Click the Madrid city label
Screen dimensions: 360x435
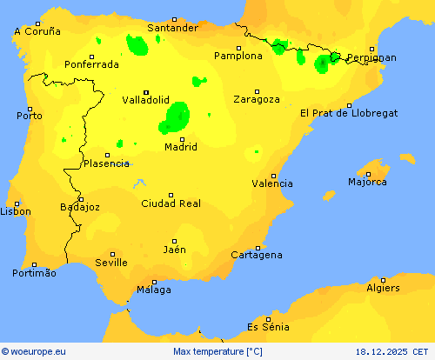click(x=182, y=147)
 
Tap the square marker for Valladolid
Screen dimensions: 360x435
click(x=146, y=91)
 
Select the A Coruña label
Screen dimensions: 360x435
click(x=37, y=31)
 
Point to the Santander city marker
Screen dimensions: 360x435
click(x=173, y=19)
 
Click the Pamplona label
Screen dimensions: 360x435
click(x=238, y=56)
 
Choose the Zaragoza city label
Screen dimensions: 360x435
click(x=257, y=99)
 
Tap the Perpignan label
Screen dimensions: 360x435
click(x=371, y=58)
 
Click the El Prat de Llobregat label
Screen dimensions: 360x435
click(x=349, y=113)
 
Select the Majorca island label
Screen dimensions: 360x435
click(x=367, y=182)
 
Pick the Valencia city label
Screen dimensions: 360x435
click(x=272, y=183)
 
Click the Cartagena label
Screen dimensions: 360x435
click(x=257, y=255)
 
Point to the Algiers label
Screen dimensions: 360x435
click(x=383, y=288)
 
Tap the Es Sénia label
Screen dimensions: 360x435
click(x=268, y=327)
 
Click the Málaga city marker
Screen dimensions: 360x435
click(x=155, y=282)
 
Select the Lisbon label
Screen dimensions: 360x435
click(x=16, y=211)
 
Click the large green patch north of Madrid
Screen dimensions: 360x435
click(x=176, y=117)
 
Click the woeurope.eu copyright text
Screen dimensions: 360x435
click(x=34, y=351)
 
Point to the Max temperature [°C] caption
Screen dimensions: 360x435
click(x=217, y=351)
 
